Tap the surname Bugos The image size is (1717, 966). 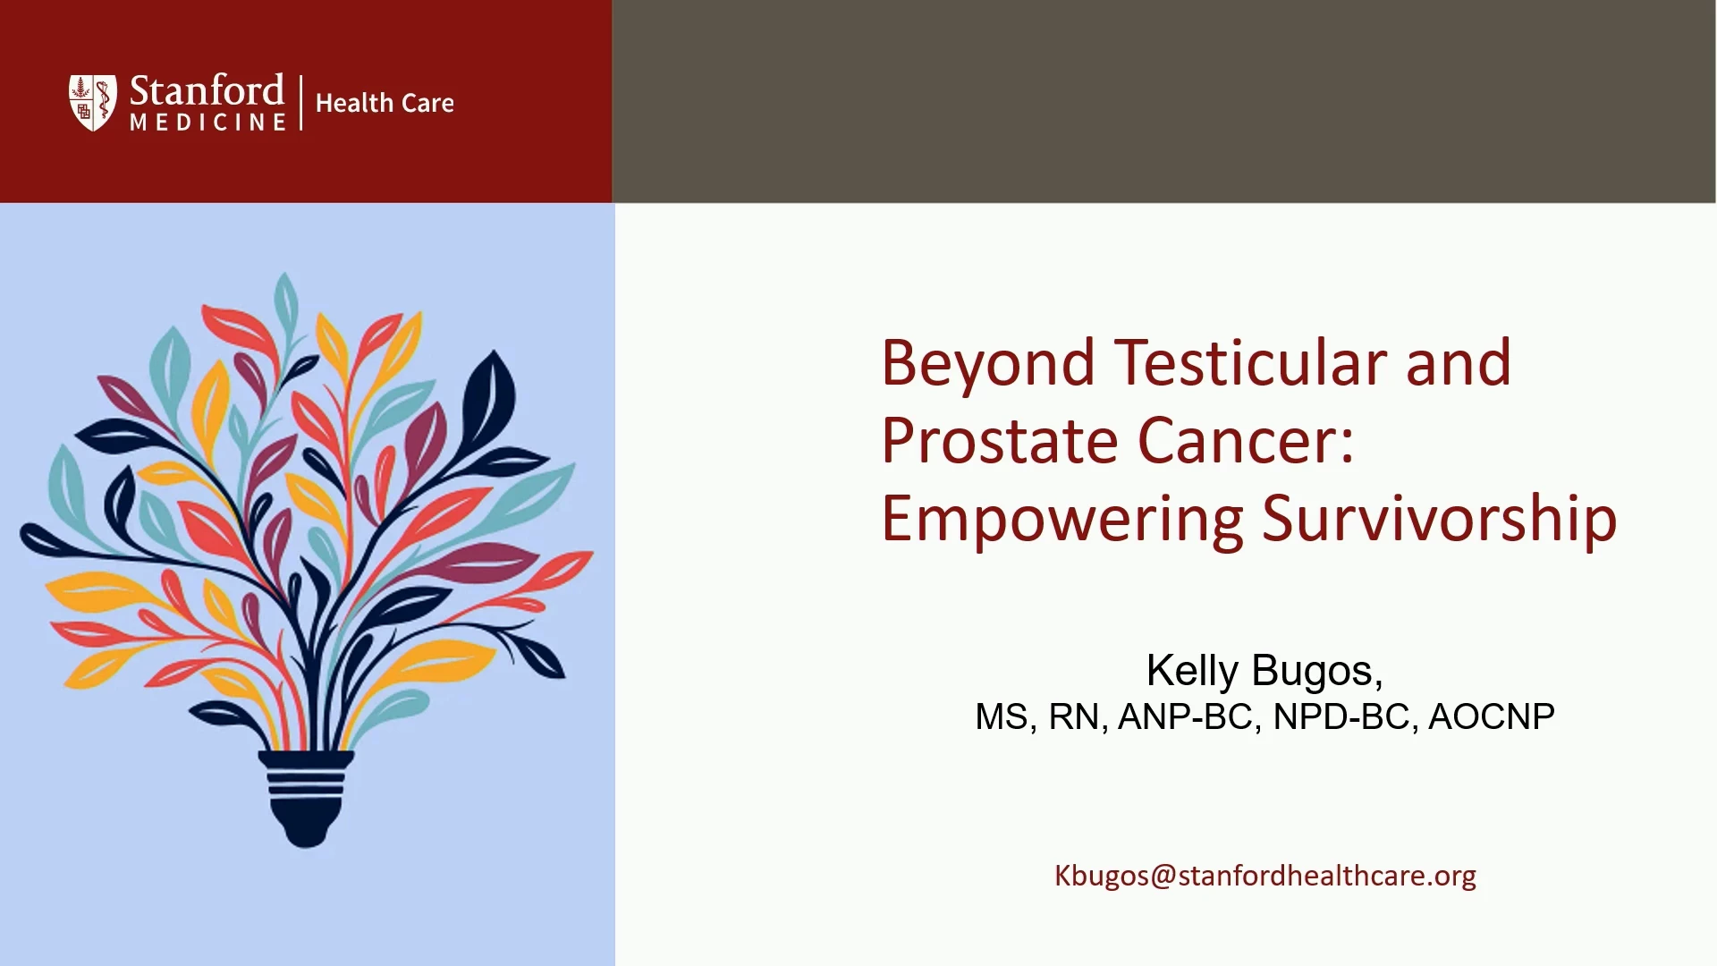tap(1316, 672)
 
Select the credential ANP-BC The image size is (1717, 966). tap(1185, 716)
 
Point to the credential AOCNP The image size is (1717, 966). tap(1492, 716)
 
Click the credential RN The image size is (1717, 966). tap(1073, 716)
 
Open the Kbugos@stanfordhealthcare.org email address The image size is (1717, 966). tap(1265, 876)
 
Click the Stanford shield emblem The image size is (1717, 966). tap(93, 103)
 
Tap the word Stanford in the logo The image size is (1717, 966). tap(207, 91)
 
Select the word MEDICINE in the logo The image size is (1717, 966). tap(208, 123)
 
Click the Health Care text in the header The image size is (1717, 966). tap(385, 104)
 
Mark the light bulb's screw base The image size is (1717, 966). tap(306, 799)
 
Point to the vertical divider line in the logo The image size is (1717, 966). tap(301, 103)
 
